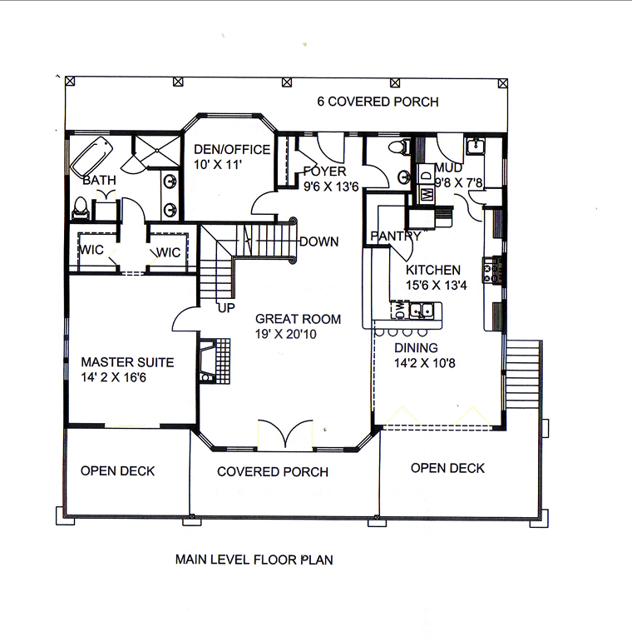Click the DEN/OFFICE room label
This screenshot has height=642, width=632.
click(232, 149)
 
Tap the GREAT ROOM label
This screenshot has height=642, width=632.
click(298, 319)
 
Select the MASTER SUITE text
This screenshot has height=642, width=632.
click(127, 362)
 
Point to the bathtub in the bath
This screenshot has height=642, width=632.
click(91, 157)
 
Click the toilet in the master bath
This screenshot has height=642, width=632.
click(81, 208)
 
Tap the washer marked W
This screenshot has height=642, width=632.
click(427, 193)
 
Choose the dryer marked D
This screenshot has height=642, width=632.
click(427, 175)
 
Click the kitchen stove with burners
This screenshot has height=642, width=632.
click(492, 270)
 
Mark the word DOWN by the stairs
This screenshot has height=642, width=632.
click(318, 241)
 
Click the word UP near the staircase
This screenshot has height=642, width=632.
click(226, 307)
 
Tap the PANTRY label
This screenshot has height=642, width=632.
click(396, 236)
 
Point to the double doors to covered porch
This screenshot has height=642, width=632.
click(285, 435)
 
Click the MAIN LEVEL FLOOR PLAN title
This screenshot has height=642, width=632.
click(254, 560)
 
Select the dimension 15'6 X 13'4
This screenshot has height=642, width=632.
click(437, 285)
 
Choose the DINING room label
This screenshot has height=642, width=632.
click(416, 347)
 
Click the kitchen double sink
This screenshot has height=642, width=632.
click(422, 310)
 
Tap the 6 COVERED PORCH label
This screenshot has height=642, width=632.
click(378, 102)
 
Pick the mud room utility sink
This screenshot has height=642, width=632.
click(476, 147)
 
